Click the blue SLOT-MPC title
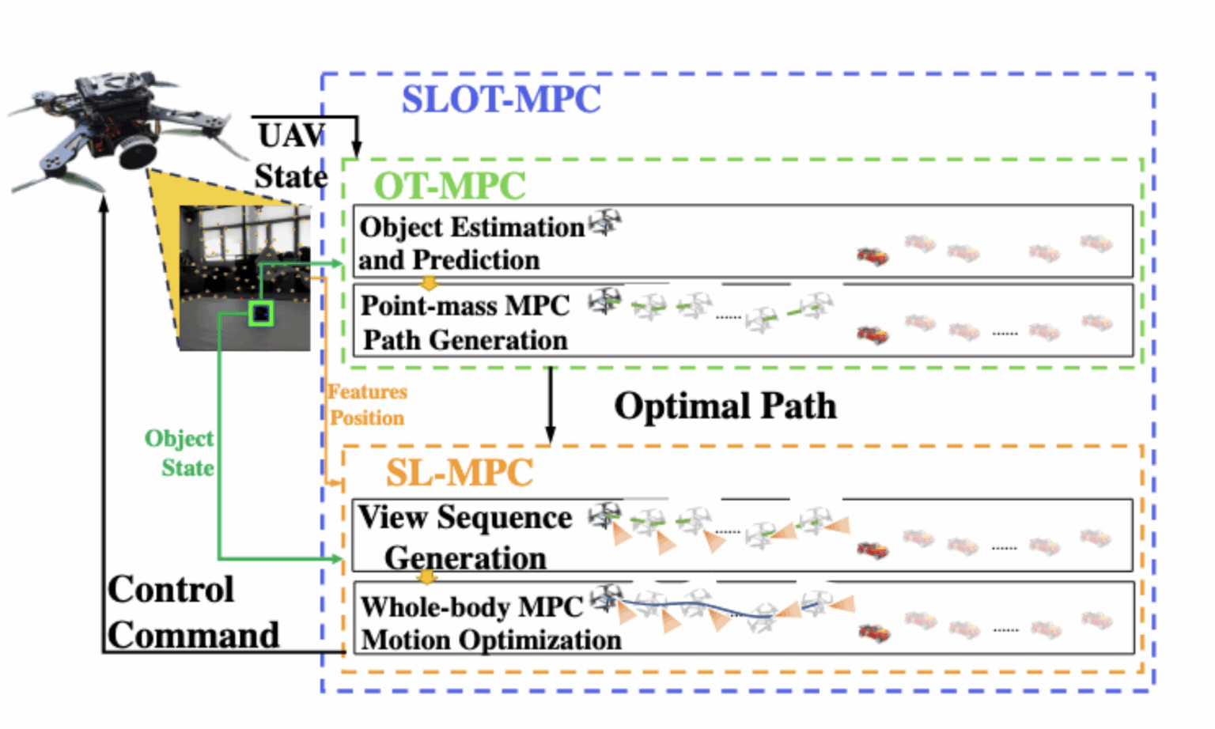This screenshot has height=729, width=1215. [x=501, y=100]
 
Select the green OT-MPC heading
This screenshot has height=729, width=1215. [x=449, y=187]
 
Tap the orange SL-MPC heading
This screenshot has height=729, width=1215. [x=459, y=473]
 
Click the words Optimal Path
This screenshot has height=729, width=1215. [x=725, y=406]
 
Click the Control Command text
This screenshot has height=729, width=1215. [x=192, y=613]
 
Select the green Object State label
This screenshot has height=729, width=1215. [x=180, y=453]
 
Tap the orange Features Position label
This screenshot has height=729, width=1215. [x=367, y=404]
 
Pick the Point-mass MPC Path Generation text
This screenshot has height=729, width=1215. [x=465, y=323]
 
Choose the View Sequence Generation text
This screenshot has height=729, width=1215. [x=465, y=537]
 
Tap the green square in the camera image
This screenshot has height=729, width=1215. [x=261, y=313]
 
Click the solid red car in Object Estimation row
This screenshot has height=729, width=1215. [x=872, y=256]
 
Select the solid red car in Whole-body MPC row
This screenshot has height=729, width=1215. [x=874, y=633]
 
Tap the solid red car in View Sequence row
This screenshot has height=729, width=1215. [x=872, y=549]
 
